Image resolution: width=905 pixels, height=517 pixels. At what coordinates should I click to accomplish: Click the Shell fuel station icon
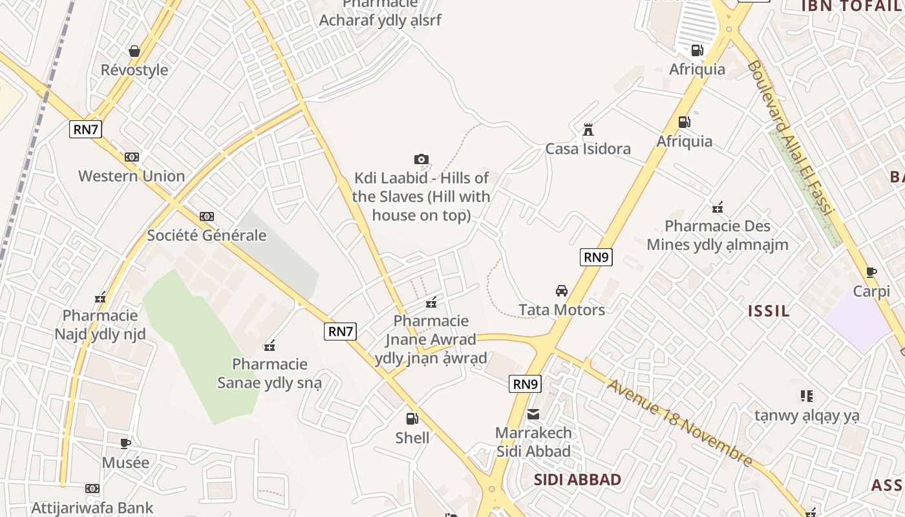pos(412,418)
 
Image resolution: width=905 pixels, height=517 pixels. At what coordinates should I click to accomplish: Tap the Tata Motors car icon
pos(562,291)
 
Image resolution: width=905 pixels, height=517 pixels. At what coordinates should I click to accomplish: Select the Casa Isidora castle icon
pos(588,130)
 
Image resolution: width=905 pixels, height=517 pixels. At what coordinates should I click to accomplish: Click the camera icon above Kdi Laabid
pos(421,159)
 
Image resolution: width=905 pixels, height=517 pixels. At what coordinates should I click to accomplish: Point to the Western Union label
pos(131,176)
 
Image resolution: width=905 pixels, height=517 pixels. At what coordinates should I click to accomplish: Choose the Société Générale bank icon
pos(207,216)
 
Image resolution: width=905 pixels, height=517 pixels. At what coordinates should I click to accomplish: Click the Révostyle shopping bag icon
pos(134,51)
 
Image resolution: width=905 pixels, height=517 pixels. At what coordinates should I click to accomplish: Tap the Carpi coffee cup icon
pos(871,272)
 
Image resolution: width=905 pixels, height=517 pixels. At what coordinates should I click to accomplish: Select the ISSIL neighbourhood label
pos(769,311)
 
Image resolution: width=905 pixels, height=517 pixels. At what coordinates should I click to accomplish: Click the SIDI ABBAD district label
pos(578,480)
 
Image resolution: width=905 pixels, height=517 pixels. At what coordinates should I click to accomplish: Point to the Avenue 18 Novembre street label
pos(681,423)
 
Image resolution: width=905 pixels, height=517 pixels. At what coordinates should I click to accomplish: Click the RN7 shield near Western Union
pos(86,129)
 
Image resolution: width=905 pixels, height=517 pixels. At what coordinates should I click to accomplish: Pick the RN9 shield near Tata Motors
pos(596,257)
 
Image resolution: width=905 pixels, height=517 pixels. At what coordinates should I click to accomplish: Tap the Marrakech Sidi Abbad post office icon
pos(533,414)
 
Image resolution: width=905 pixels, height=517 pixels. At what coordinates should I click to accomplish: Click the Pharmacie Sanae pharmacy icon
pos(270,346)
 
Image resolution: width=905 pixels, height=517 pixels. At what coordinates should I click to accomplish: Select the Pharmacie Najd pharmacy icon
pos(100,297)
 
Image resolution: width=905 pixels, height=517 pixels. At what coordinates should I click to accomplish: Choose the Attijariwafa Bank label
pos(92,507)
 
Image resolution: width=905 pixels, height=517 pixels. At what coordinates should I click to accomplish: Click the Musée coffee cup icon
pos(125,443)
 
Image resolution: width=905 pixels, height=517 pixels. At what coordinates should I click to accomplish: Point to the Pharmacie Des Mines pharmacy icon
pos(717,207)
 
